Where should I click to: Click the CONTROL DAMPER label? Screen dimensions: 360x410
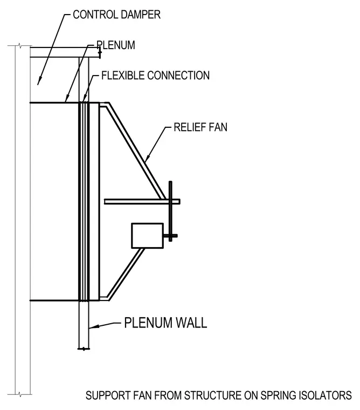pos(116,15)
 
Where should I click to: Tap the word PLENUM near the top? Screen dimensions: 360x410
pos(116,45)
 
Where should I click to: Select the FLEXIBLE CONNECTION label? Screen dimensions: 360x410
pos(155,76)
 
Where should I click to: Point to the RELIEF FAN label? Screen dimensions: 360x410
pos(200,127)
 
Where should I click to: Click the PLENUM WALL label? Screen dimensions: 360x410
pos(165,323)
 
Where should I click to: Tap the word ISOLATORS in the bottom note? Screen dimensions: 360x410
pos(326,395)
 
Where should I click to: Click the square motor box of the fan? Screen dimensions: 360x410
pos(148,236)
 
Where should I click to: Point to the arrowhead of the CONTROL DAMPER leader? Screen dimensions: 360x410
pos(39,81)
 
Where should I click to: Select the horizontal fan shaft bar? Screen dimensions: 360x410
pos(142,202)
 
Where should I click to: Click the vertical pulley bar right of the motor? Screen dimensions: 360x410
pos(171,211)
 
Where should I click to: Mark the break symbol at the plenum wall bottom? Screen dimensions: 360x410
pos(84,348)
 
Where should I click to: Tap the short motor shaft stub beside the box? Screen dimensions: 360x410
pos(170,236)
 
